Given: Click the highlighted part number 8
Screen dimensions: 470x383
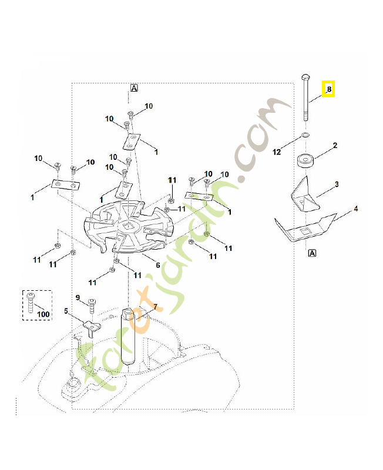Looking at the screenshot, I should pyautogui.click(x=329, y=89).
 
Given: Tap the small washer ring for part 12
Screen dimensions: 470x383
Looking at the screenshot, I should pyautogui.click(x=305, y=136).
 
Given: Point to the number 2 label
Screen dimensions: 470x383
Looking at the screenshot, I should pyautogui.click(x=335, y=145).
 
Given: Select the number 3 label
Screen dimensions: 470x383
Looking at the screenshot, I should pyautogui.click(x=337, y=184).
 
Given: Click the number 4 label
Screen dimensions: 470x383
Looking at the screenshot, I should pyautogui.click(x=355, y=209).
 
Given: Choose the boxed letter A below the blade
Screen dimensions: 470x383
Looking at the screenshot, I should pyautogui.click(x=312, y=253).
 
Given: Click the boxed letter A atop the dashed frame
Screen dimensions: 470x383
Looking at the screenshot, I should pyautogui.click(x=134, y=88).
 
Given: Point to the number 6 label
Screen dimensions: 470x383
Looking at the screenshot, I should pyautogui.click(x=157, y=265).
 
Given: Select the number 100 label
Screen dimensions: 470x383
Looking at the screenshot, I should pyautogui.click(x=43, y=314).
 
